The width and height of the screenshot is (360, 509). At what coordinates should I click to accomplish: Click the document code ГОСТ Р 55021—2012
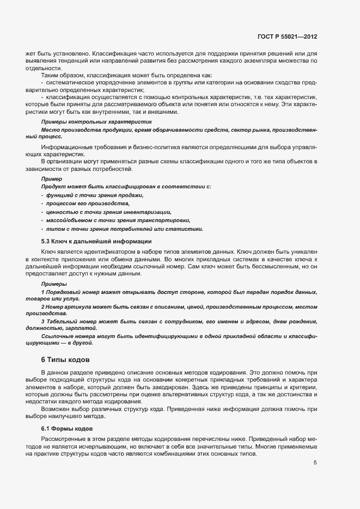pos(288,37)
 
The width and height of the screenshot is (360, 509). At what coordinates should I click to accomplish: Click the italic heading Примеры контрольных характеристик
pos(97,122)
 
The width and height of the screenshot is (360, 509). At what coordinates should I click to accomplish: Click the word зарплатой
pos(83,328)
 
